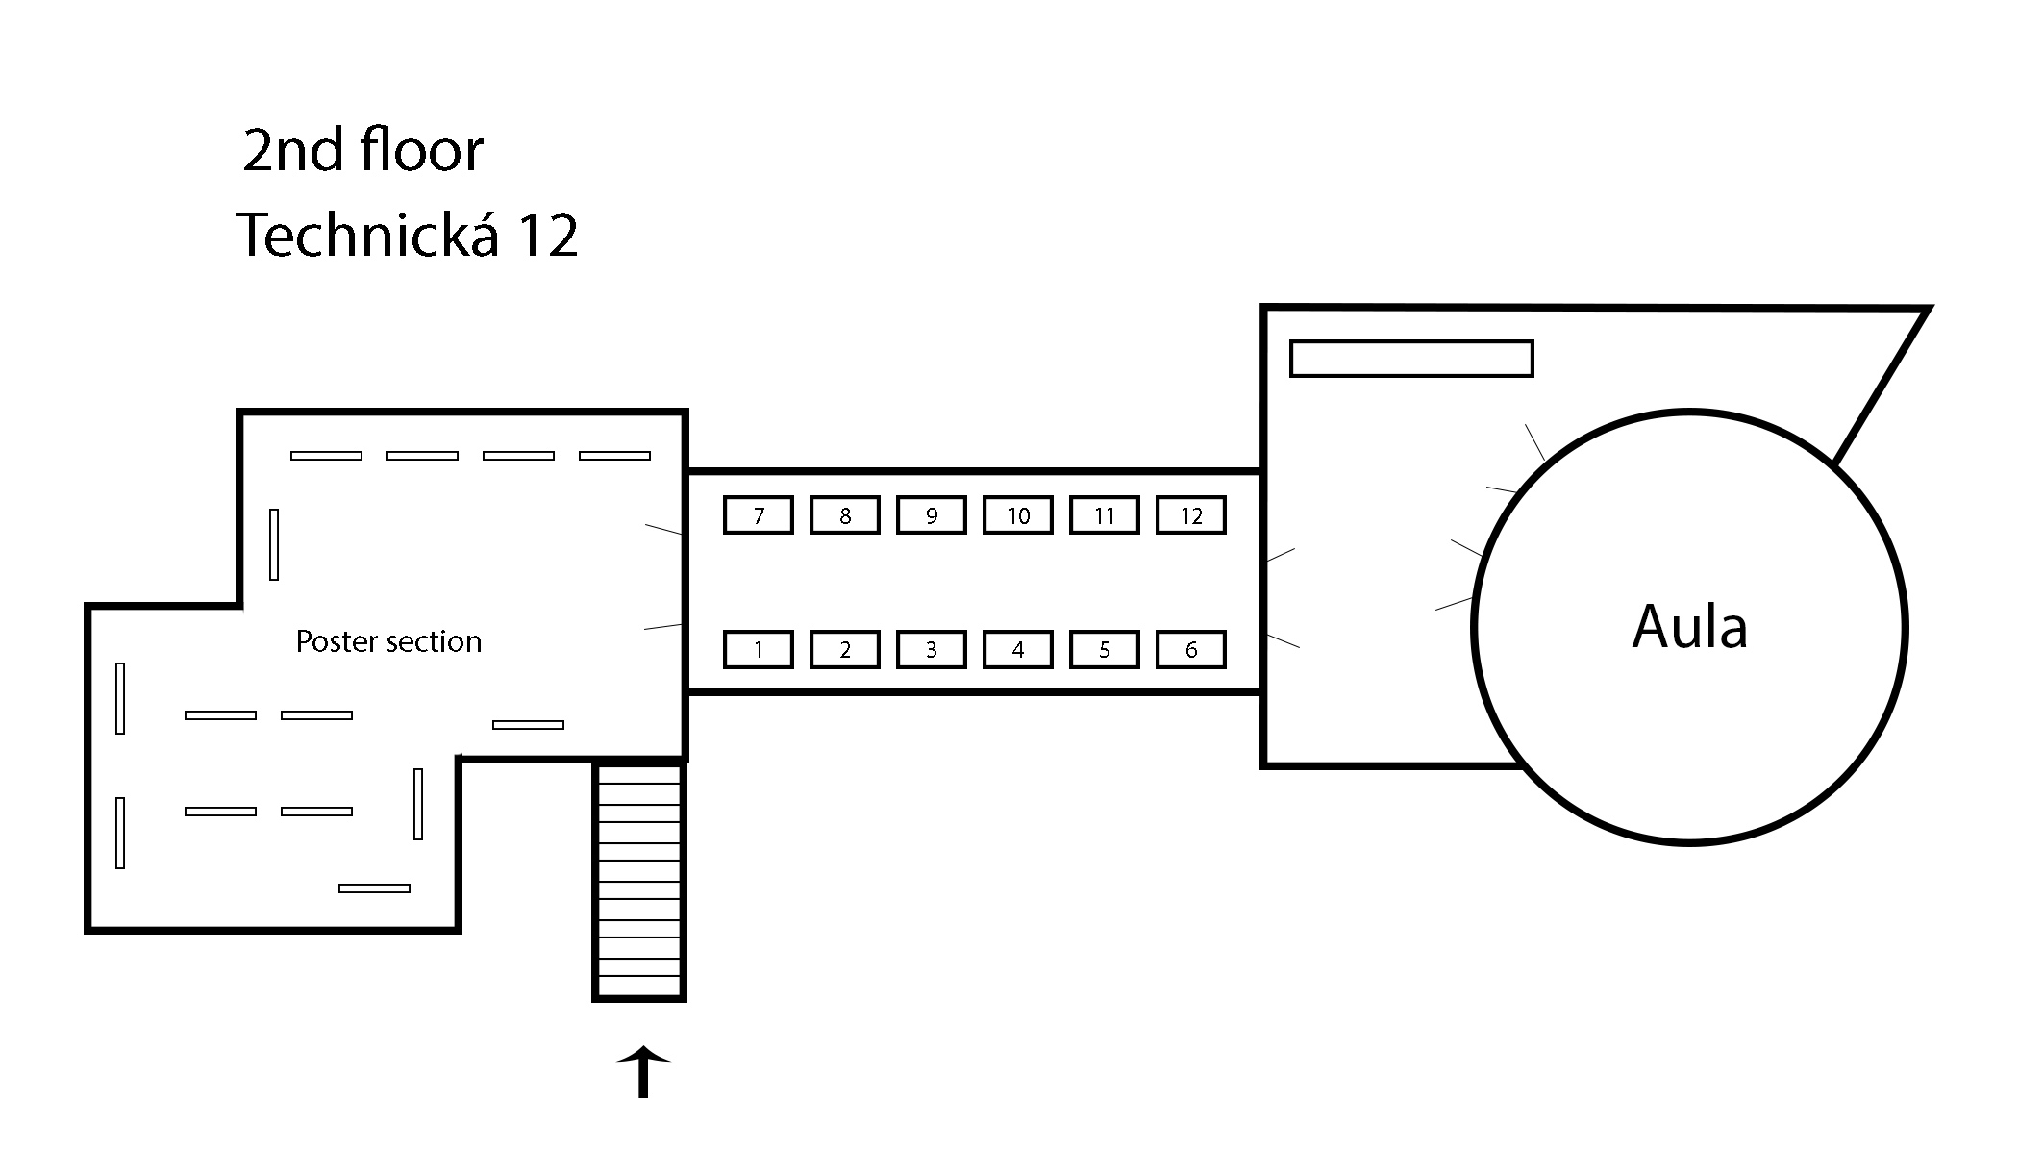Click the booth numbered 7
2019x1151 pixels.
(758, 515)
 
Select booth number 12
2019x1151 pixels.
(1190, 515)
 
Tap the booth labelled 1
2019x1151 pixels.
(758, 650)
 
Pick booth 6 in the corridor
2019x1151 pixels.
(1190, 650)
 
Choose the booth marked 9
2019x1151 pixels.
(931, 515)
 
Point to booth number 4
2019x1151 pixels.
(1017, 650)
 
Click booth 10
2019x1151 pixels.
(1017, 515)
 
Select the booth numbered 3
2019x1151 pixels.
(931, 650)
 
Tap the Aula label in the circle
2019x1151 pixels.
(1689, 627)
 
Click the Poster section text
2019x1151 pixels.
(388, 641)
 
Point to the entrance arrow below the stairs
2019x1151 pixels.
(642, 1072)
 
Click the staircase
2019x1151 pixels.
(639, 880)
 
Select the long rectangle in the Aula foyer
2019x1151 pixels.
(1410, 359)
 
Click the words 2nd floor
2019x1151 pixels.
(362, 151)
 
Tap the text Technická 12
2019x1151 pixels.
(407, 235)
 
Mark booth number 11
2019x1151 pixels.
(1104, 515)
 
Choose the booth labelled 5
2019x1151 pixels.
(1104, 650)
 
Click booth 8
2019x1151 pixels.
(844, 515)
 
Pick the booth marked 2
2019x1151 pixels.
(844, 650)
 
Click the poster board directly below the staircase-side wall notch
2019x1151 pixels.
(417, 804)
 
